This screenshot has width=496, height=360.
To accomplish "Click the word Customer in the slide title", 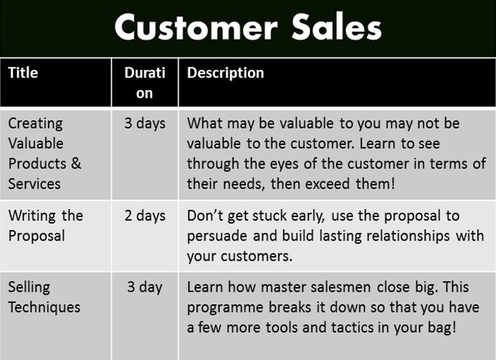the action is [x=196, y=27].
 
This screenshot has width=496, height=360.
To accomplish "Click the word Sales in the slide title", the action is [x=337, y=27].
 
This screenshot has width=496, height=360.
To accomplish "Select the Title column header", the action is [x=23, y=73].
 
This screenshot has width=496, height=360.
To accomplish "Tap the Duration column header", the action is [x=145, y=83].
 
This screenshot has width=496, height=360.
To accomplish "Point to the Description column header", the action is [x=225, y=74].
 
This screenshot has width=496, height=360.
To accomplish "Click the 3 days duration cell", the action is [x=145, y=124].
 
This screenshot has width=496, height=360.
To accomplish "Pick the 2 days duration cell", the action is [x=145, y=216].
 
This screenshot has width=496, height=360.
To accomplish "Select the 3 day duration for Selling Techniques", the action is [x=145, y=288].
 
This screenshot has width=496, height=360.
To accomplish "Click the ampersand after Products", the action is [x=76, y=164].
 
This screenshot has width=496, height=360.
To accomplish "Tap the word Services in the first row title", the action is [x=34, y=184].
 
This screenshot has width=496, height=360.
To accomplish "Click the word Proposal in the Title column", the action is [x=36, y=236].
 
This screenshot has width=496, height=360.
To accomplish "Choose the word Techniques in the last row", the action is [x=44, y=308].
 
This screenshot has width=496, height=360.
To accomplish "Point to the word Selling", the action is [x=29, y=288].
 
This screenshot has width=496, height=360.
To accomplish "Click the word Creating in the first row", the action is [x=36, y=124].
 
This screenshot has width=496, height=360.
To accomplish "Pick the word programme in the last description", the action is [x=225, y=308].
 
